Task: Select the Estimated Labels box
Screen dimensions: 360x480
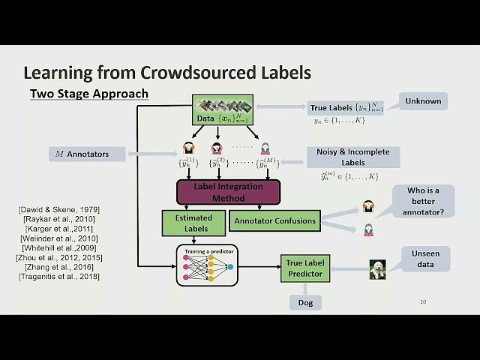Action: click(x=194, y=223)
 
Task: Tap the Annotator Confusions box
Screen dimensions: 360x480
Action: click(x=274, y=220)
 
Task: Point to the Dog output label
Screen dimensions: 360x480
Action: click(x=305, y=303)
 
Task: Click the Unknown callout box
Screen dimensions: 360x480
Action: click(x=423, y=101)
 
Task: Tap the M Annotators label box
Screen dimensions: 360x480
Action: click(x=88, y=154)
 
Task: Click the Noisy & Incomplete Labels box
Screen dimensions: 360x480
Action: click(x=352, y=157)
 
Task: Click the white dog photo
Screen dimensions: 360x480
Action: click(x=377, y=269)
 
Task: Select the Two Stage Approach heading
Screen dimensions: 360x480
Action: click(x=88, y=94)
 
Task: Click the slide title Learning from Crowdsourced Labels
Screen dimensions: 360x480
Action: click(x=166, y=73)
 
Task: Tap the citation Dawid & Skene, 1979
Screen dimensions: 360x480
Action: click(x=58, y=208)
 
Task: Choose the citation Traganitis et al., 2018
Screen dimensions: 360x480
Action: click(x=58, y=277)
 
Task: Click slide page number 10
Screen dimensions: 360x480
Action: click(x=423, y=301)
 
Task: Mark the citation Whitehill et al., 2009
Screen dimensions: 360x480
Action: click(x=58, y=247)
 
